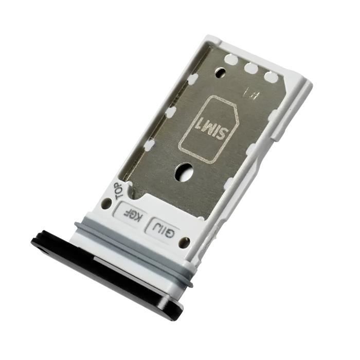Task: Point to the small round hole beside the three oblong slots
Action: pos(221,71)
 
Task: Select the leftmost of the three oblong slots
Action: pos(230,60)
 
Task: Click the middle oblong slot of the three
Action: pos(251,68)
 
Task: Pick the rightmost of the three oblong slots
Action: pos(271,77)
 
